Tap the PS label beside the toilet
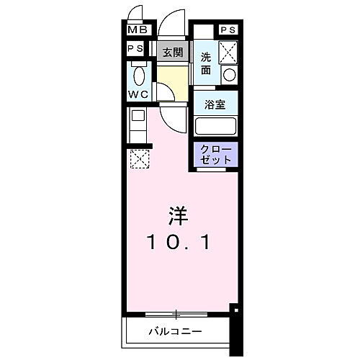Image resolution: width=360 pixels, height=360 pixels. pos(135,49)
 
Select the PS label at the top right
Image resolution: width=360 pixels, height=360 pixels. pos(228,30)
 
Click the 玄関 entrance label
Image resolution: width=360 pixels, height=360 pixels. pos(171,52)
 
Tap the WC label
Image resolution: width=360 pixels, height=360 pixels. pos(138,94)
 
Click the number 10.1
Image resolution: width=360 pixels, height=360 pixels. pos(180,243)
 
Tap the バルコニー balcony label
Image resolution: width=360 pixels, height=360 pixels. pos(176,332)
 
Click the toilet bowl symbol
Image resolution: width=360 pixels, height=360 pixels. pos(140,75)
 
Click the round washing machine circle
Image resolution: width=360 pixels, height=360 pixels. pos(229,75)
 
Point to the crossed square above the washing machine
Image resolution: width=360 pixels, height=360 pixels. pos(228,51)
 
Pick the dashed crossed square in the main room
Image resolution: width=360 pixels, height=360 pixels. pos(138,157)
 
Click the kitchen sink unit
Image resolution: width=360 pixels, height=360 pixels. pos(137,124)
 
